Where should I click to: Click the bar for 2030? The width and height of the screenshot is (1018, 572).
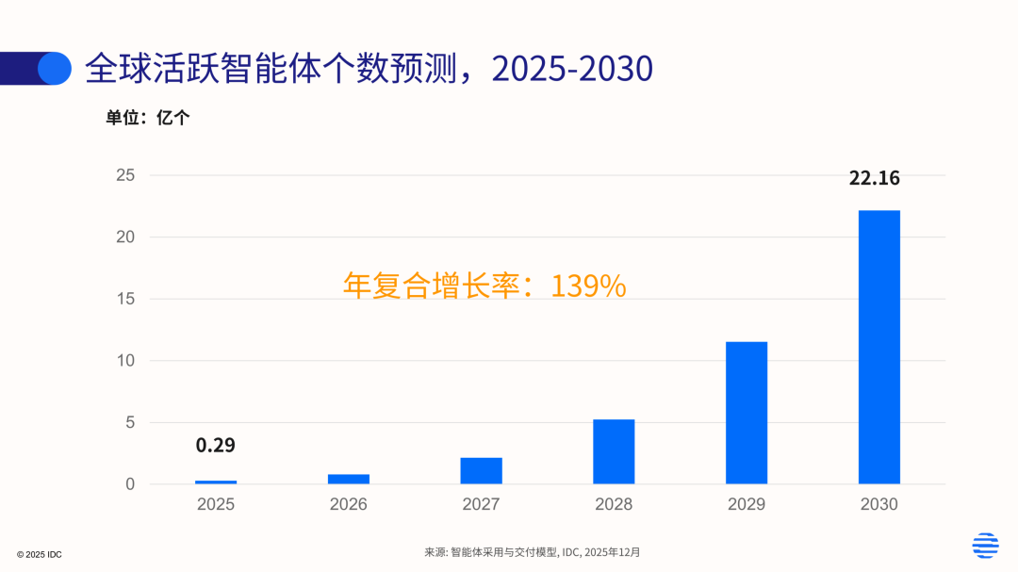878,347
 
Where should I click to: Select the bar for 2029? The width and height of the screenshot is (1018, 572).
746,413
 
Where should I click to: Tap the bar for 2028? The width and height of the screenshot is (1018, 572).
614,451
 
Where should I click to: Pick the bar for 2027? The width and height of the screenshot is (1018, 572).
481,471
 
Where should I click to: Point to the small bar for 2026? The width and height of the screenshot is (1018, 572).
349,479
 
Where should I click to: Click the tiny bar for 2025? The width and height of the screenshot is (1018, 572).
216,482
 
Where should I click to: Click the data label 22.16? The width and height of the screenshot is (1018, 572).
874,178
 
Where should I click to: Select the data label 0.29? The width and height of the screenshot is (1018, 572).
215,446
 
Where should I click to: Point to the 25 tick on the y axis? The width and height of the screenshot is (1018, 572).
125,175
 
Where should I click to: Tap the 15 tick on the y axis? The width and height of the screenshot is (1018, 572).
125,299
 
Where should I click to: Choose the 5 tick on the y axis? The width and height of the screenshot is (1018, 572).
130,423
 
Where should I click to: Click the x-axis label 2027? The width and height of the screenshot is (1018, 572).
481,504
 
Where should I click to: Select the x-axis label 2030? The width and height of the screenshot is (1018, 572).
878,504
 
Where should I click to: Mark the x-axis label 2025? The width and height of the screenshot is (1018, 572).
216,504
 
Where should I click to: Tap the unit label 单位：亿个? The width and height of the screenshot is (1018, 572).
147,119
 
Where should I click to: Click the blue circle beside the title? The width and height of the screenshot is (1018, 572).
55,68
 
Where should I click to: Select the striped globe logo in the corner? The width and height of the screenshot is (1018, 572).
985,545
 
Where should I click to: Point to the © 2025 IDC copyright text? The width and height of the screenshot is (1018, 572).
40,554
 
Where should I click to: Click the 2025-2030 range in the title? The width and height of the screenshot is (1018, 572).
571,69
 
